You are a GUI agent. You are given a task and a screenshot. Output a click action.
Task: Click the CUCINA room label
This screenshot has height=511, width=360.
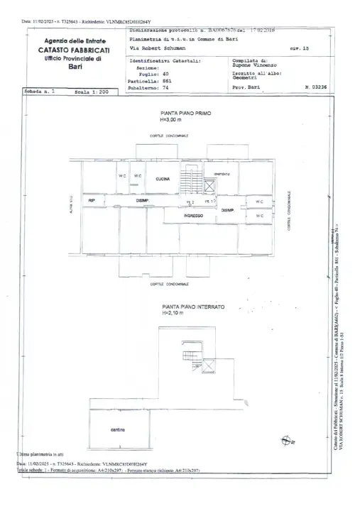163,179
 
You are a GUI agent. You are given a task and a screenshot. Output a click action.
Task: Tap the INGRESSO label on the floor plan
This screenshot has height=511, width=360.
193,215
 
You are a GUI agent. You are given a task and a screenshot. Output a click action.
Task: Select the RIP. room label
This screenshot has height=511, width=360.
92,202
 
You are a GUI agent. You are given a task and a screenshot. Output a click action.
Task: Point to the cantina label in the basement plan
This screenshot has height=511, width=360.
118,429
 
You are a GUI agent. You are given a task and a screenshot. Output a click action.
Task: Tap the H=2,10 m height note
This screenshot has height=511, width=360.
173,312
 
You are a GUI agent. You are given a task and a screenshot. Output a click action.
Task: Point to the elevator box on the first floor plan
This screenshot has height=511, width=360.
209,187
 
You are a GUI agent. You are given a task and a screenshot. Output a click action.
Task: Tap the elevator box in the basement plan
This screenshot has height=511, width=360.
209,364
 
